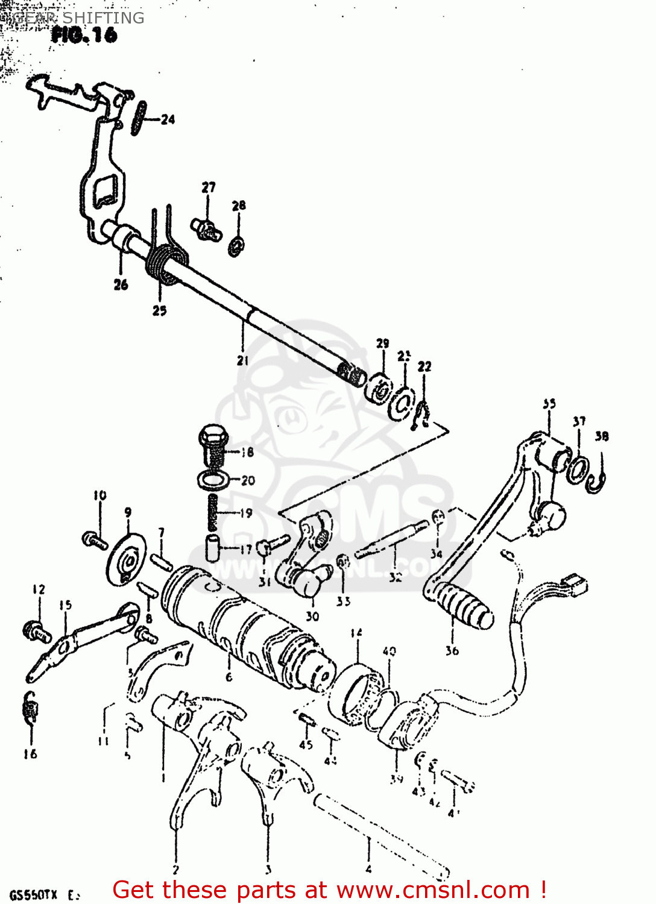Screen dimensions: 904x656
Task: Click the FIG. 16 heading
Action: point(84,35)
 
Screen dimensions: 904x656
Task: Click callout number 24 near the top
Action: point(168,119)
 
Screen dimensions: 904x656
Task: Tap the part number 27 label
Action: point(209,187)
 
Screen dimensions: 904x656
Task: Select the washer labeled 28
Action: point(236,246)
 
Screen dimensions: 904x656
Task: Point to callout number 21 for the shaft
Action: point(242,360)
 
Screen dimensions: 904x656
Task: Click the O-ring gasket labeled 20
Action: point(213,480)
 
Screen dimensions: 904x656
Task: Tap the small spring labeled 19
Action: point(212,512)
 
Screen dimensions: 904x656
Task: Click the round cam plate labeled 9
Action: point(127,559)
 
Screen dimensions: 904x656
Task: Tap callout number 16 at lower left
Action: point(30,753)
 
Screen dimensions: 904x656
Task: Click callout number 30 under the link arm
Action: point(312,616)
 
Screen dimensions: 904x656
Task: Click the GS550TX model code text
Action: point(33,894)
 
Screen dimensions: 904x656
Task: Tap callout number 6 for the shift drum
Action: point(229,677)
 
